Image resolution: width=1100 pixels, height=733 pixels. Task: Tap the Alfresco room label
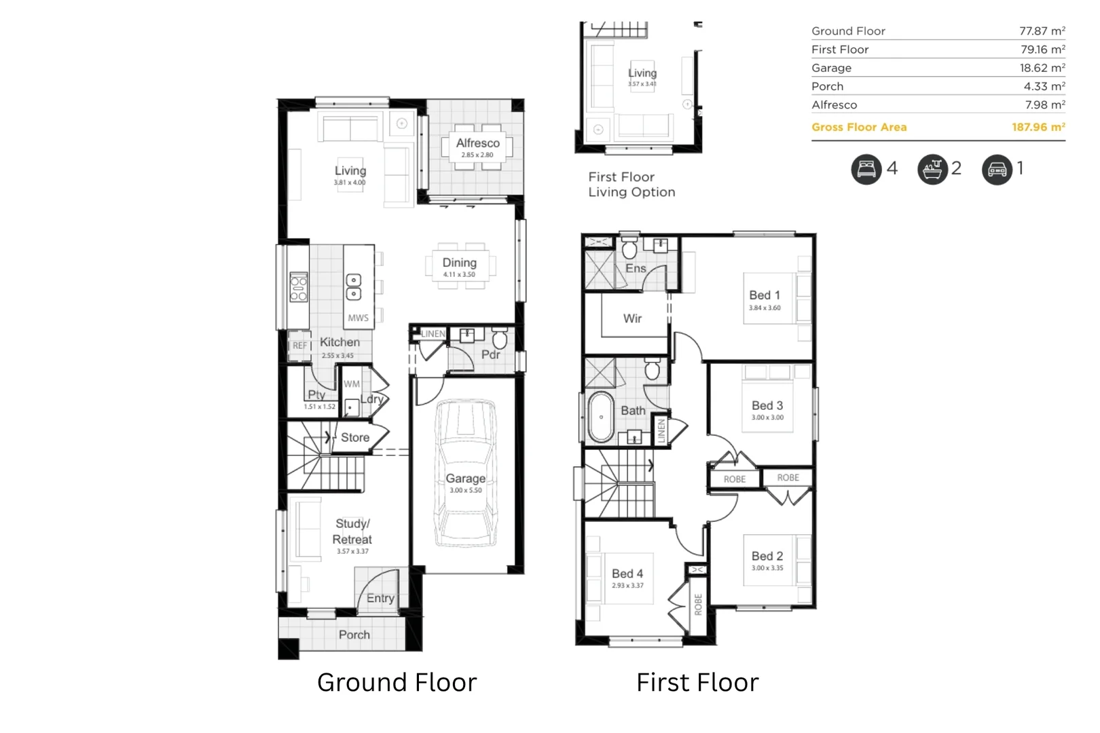(x=477, y=143)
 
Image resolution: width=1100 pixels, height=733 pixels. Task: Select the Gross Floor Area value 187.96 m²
(x=1038, y=127)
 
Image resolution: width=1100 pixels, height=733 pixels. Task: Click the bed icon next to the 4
(x=866, y=169)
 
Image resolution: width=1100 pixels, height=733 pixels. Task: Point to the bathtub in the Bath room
(x=601, y=416)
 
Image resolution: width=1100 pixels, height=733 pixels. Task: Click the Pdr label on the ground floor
(x=490, y=354)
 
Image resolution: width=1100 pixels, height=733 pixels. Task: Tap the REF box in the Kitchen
(x=299, y=345)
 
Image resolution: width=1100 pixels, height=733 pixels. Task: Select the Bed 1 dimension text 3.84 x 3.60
(x=765, y=308)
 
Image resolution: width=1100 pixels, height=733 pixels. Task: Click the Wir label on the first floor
(x=632, y=318)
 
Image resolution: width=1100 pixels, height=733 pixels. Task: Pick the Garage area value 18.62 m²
(x=1042, y=68)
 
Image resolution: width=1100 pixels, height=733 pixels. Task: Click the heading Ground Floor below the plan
(x=397, y=682)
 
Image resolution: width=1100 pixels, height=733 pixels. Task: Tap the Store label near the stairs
(x=355, y=438)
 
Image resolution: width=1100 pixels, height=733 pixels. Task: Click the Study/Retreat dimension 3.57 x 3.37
(x=352, y=551)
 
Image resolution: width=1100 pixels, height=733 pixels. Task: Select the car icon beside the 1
(x=997, y=169)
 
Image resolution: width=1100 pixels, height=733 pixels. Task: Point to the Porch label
(x=354, y=635)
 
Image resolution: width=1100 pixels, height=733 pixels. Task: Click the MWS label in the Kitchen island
(x=358, y=318)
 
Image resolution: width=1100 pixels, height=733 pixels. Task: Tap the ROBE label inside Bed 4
(x=698, y=604)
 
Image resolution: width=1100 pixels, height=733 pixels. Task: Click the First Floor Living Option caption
(x=631, y=184)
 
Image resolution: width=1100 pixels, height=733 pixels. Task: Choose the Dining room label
(x=459, y=263)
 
